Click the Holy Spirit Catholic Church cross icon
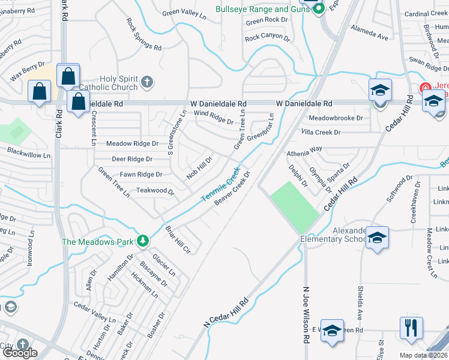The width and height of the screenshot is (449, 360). (x=147, y=82)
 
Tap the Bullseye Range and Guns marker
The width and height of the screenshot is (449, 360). (x=319, y=8)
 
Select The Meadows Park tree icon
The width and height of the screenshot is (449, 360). (x=142, y=241)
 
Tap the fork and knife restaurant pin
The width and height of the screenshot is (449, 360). (x=411, y=328)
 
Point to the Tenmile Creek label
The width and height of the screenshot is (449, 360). (x=220, y=184)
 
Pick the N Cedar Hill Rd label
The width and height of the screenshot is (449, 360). (x=226, y=313)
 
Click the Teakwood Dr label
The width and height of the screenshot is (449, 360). (x=155, y=191)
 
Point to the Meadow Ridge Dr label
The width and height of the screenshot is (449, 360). (x=132, y=144)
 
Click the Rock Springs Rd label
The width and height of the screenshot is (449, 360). (x=144, y=34)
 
